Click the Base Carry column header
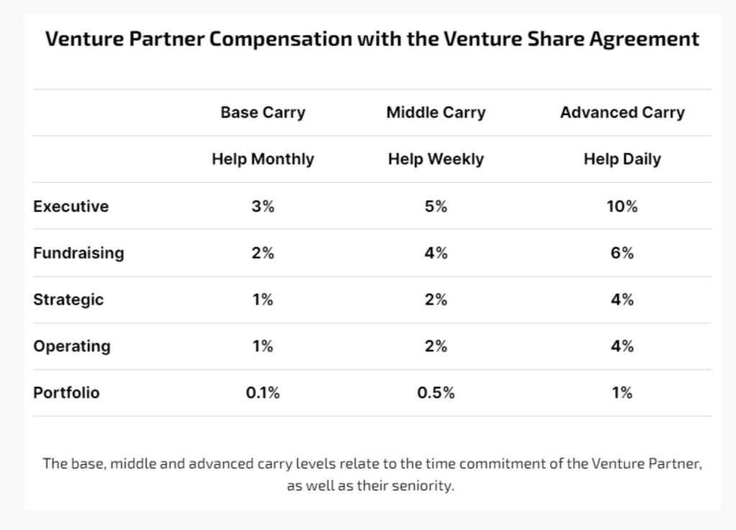[262, 113]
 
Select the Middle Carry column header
[436, 113]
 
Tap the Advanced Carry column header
[622, 113]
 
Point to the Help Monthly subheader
[262, 159]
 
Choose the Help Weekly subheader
[436, 159]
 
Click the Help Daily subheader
[622, 159]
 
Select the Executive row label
[70, 206]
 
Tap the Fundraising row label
[78, 253]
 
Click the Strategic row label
[68, 299]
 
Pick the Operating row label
[72, 346]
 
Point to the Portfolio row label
[66, 393]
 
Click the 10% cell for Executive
[622, 206]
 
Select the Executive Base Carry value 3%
[262, 206]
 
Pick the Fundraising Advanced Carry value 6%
[622, 253]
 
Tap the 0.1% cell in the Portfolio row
[262, 393]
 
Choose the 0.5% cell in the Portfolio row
[436, 393]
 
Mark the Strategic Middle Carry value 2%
[436, 299]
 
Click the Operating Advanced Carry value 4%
[622, 346]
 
